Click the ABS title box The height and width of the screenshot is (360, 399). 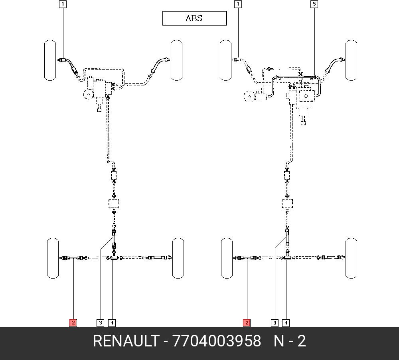195,18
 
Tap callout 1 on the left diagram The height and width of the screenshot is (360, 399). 63,4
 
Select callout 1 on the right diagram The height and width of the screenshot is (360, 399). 238,4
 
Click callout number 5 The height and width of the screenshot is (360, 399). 314,4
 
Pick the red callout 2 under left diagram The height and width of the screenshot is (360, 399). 73,323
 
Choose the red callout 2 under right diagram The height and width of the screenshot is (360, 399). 247,323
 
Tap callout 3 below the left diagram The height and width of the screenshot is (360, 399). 101,323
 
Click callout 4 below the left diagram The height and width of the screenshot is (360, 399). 112,323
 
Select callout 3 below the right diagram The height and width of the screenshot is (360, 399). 275,323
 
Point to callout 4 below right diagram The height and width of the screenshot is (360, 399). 286,323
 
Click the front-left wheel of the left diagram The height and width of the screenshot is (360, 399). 50,60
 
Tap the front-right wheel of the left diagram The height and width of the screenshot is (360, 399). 177,60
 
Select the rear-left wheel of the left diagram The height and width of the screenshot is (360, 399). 53,258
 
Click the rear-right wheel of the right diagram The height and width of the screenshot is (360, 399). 351,258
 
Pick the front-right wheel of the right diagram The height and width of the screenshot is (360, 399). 351,60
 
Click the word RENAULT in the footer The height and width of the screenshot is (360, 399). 126,341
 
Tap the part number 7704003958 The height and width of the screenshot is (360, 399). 217,341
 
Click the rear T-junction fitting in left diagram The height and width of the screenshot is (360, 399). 114,257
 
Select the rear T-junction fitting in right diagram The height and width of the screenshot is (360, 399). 288,256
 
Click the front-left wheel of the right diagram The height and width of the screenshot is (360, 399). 226,60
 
